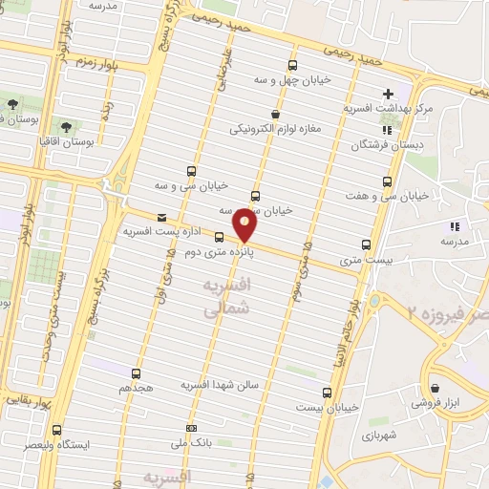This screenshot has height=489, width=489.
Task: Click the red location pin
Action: click(246, 225)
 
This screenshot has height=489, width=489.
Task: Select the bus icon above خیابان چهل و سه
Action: click(290, 65)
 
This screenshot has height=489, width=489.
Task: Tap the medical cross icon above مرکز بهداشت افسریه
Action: click(388, 94)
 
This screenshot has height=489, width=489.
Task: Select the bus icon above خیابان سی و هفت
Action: click(388, 181)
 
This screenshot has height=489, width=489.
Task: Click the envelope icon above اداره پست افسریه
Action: click(159, 217)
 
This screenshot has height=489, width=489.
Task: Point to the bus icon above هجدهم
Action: click(137, 373)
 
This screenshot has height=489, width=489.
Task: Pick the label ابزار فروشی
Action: click(434, 405)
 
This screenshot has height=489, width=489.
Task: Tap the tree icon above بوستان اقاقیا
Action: click(65, 125)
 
